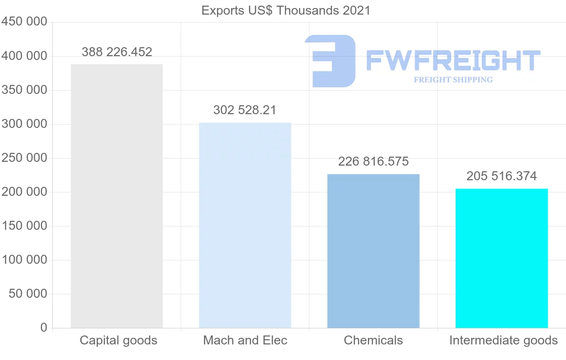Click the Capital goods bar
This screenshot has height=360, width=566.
coord(117,196)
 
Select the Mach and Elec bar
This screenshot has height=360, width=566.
coord(245,225)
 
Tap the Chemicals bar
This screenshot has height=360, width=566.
coord(373,251)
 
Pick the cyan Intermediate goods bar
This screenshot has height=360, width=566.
coord(501,258)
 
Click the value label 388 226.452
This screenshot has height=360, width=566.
coord(117,52)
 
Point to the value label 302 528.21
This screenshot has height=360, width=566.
coord(245,110)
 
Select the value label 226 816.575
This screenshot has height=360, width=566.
coord(373,162)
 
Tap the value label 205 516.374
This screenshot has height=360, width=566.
coord(501,176)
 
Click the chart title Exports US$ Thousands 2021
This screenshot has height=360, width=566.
coord(286,10)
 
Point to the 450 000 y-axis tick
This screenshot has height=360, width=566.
coord(24,22)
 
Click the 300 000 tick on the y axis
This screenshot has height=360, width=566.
coord(24,124)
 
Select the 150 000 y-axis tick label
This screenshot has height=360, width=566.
coord(24,226)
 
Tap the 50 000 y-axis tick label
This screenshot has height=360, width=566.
coord(28,294)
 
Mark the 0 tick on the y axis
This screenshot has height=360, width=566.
coord(44,328)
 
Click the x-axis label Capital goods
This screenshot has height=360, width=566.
coord(118,341)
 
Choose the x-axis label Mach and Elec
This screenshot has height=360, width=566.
coord(245,341)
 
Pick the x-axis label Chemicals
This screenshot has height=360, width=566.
coord(373,341)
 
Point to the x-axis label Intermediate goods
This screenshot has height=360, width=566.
coord(503,341)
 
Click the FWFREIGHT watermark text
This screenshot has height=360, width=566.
coord(453,60)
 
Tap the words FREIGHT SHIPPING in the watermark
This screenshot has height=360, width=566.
coord(453,80)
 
